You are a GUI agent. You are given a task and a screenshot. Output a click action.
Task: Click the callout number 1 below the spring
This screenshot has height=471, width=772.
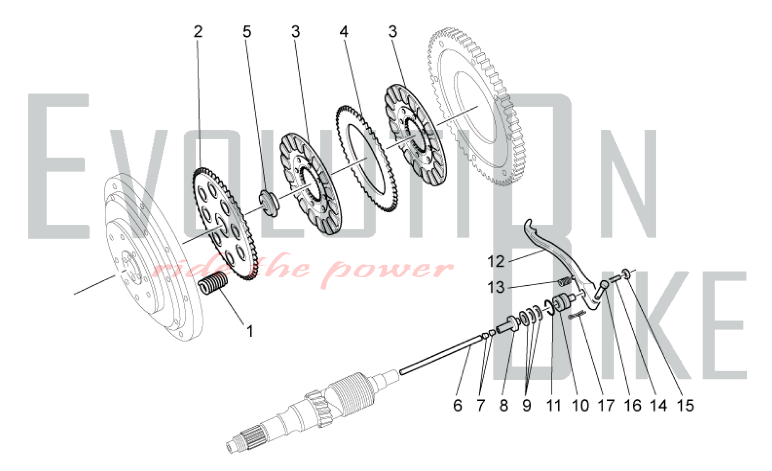coord(250,331)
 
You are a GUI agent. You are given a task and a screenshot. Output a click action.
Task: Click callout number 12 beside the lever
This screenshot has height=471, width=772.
coord(496,262)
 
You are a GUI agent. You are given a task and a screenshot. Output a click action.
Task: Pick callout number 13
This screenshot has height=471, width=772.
coord(496,288)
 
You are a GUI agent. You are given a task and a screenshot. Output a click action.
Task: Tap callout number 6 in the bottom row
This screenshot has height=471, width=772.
coord(457,405)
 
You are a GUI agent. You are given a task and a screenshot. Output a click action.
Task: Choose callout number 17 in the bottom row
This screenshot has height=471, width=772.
coord(606,405)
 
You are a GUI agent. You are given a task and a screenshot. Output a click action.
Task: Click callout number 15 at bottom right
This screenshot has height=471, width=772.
coord(685,405)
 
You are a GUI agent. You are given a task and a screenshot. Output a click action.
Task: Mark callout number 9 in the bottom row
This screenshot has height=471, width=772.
coord(527,405)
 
